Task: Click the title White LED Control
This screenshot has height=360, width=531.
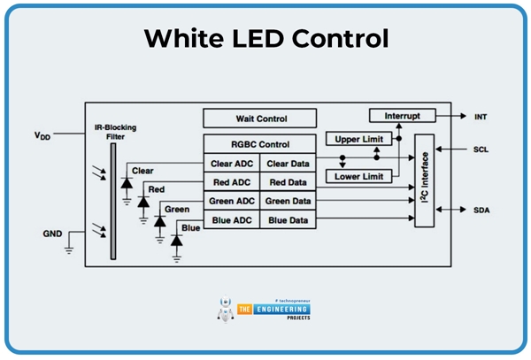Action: [x=265, y=39]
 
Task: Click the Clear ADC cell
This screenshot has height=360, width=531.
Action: [x=232, y=164]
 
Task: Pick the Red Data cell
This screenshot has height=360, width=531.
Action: [x=288, y=182]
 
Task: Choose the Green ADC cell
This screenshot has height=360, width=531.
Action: [x=232, y=201]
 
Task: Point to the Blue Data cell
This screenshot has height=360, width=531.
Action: [x=288, y=219]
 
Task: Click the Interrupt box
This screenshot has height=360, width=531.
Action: [x=403, y=116]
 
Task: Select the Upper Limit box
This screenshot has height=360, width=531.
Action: [x=358, y=140]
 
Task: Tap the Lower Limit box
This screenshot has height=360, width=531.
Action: [x=358, y=177]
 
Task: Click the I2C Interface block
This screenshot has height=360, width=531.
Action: [x=424, y=180]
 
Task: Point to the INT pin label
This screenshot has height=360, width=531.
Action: [x=481, y=117]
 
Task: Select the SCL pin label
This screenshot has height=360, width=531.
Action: [x=481, y=149]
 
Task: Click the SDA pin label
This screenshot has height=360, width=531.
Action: [x=481, y=211]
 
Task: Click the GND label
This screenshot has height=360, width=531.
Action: [x=52, y=234]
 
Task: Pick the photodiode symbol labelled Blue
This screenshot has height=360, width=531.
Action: [x=176, y=240]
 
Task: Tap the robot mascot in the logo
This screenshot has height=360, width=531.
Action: [x=225, y=309]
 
